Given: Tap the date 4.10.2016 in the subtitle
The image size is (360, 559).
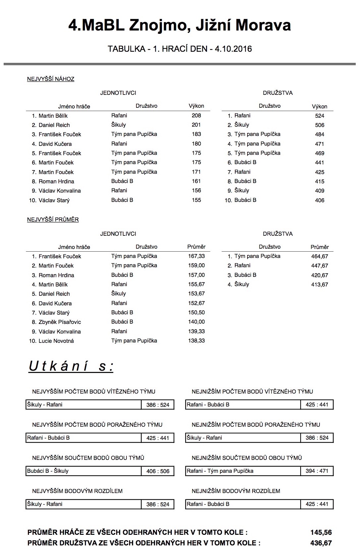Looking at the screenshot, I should click(233, 49).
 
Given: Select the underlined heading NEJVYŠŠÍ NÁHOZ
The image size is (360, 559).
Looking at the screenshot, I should click(51, 79).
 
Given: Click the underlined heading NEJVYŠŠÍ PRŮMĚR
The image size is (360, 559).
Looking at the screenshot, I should click(53, 219).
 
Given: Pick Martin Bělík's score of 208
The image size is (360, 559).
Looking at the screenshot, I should click(196, 116).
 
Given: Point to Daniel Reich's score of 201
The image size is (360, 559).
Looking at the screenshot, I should click(196, 125).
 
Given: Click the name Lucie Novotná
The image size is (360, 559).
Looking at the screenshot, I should click(56, 341).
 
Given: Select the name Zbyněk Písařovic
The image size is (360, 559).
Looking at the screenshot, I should click(60, 322).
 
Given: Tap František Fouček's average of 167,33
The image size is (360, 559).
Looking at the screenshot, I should click(196, 256).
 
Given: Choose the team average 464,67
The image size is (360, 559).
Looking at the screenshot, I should click(319, 256).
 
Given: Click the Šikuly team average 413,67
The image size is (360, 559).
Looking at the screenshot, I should click(319, 284).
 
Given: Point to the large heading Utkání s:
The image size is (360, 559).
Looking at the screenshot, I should click(71, 366).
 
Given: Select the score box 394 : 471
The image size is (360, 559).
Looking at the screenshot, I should click(317, 471).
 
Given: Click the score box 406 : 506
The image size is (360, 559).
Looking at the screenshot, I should click(158, 471).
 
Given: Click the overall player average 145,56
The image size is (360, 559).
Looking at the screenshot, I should click(321, 532).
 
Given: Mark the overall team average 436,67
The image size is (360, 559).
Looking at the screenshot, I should click(321, 543).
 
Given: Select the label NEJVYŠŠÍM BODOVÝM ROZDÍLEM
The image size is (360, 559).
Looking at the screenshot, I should click(77, 491).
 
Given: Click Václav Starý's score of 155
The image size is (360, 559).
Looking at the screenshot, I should click(196, 200).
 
